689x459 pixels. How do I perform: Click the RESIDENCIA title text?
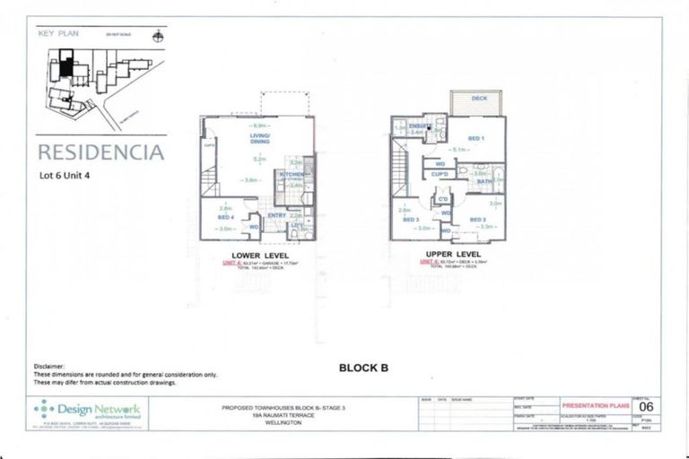(x=100, y=152)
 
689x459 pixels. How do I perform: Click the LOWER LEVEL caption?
(x=257, y=255)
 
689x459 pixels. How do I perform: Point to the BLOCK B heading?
(x=363, y=367)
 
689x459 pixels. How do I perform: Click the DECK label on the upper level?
(x=479, y=98)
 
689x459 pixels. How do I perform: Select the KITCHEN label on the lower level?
(x=292, y=174)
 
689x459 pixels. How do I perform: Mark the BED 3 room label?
(x=410, y=220)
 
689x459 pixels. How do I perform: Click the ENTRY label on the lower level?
(x=276, y=215)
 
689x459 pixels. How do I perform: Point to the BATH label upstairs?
(x=484, y=181)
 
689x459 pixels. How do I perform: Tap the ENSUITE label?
(x=419, y=126)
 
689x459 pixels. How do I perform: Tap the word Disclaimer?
(x=50, y=367)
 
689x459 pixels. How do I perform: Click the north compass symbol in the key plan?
(x=159, y=37)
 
